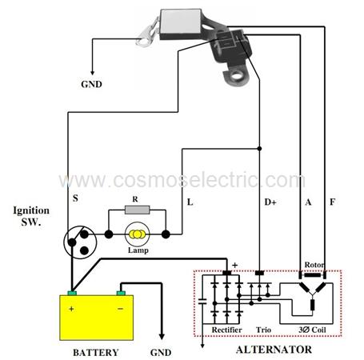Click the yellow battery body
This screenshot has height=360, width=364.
click(x=97, y=318)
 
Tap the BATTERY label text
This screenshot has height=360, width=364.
click(x=96, y=353)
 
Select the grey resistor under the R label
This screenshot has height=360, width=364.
click(x=137, y=210)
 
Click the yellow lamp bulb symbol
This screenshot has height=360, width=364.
click(x=137, y=234)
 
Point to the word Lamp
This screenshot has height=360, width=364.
click(x=138, y=250)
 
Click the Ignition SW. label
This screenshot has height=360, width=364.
click(x=31, y=216)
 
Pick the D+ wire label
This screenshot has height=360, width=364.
click(x=270, y=202)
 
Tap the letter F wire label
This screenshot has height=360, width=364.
click(x=332, y=202)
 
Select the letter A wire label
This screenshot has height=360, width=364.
click(x=308, y=202)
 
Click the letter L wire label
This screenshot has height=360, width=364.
click(x=190, y=202)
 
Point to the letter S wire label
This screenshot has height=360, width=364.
click(x=75, y=198)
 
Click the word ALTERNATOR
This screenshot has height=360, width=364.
click(x=274, y=350)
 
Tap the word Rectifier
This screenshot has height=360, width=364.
click(x=226, y=330)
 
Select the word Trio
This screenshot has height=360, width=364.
click(x=263, y=330)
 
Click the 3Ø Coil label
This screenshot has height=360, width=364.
click(x=312, y=330)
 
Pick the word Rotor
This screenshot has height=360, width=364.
click(x=314, y=265)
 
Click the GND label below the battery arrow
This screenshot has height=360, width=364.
click(x=161, y=353)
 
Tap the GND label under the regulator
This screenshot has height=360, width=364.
click(x=91, y=84)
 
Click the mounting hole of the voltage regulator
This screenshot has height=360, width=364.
click(x=236, y=75)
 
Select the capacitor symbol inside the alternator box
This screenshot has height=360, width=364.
click(x=202, y=302)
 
